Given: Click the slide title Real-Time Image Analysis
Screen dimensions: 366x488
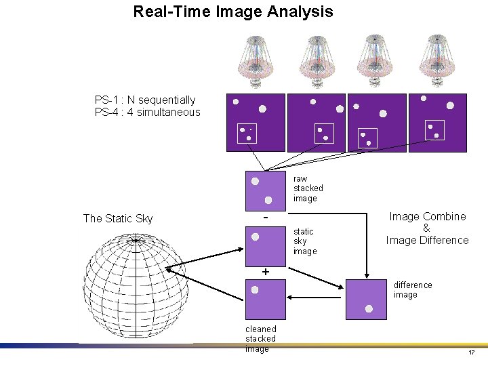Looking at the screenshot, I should pyautogui.click(x=233, y=12).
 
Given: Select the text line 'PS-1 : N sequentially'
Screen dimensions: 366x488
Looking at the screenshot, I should pyautogui.click(x=145, y=100).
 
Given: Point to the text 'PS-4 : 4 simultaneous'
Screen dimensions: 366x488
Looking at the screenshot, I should pyautogui.click(x=148, y=113).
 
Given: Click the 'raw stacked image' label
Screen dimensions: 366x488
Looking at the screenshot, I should pyautogui.click(x=308, y=188).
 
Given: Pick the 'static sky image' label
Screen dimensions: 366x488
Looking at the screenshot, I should pyautogui.click(x=304, y=241).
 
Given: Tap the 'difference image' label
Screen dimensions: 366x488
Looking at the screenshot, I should pyautogui.click(x=413, y=290).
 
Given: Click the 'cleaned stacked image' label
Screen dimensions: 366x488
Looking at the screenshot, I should pyautogui.click(x=260, y=339).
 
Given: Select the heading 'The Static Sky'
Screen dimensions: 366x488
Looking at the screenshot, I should pyautogui.click(x=118, y=218).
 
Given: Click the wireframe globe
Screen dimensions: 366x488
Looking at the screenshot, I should pyautogui.click(x=134, y=285).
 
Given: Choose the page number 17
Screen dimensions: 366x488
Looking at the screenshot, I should pyautogui.click(x=471, y=353).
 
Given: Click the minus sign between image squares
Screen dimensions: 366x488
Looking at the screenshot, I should pyautogui.click(x=266, y=218).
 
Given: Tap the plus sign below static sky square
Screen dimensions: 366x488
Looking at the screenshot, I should pyautogui.click(x=266, y=272).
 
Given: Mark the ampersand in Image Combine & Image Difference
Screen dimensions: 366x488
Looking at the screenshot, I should pyautogui.click(x=426, y=228).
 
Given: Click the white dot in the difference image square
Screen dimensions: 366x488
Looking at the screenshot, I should pyautogui.click(x=369, y=308).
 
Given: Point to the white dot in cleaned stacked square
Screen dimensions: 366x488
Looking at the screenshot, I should pyautogui.click(x=255, y=289).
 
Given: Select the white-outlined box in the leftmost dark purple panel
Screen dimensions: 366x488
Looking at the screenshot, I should pyautogui.click(x=247, y=133).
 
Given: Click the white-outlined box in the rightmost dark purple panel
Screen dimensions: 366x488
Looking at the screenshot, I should pyautogui.click(x=434, y=130).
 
